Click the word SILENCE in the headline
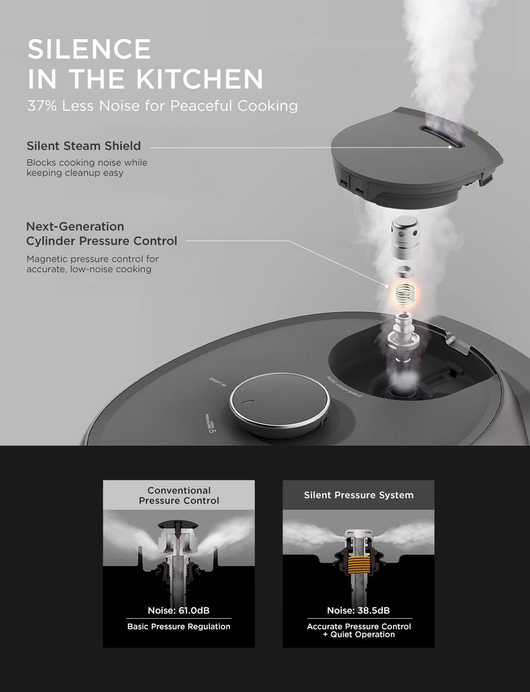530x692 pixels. [x=89, y=49]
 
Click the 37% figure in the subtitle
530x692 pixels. [x=42, y=106]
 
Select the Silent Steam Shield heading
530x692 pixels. [x=83, y=146]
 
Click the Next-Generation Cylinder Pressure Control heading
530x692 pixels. [x=101, y=234]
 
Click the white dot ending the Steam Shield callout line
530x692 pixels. [x=450, y=147]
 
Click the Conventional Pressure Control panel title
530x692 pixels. [x=179, y=495]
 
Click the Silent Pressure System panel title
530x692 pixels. [x=359, y=495]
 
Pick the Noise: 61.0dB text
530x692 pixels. [x=179, y=610]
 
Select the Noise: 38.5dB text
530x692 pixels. [x=359, y=610]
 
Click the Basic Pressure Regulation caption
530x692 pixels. [x=179, y=626]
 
